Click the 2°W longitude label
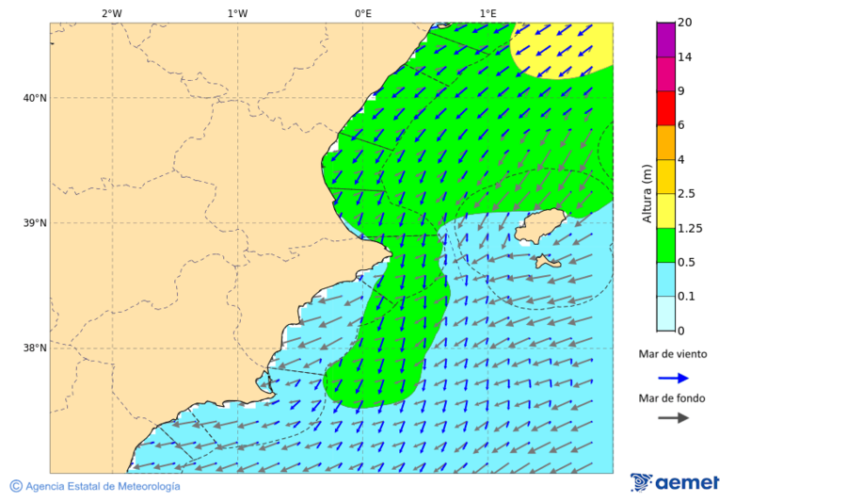[x=111, y=13]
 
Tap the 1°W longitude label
[x=237, y=13]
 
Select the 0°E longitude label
[x=362, y=13]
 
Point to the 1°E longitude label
[x=488, y=13]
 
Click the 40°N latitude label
[x=34, y=98]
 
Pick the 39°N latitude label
[x=34, y=223]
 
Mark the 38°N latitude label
[x=34, y=348]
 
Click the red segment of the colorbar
[x=665, y=108]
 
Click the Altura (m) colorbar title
[x=647, y=193]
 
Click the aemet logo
[x=675, y=482]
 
